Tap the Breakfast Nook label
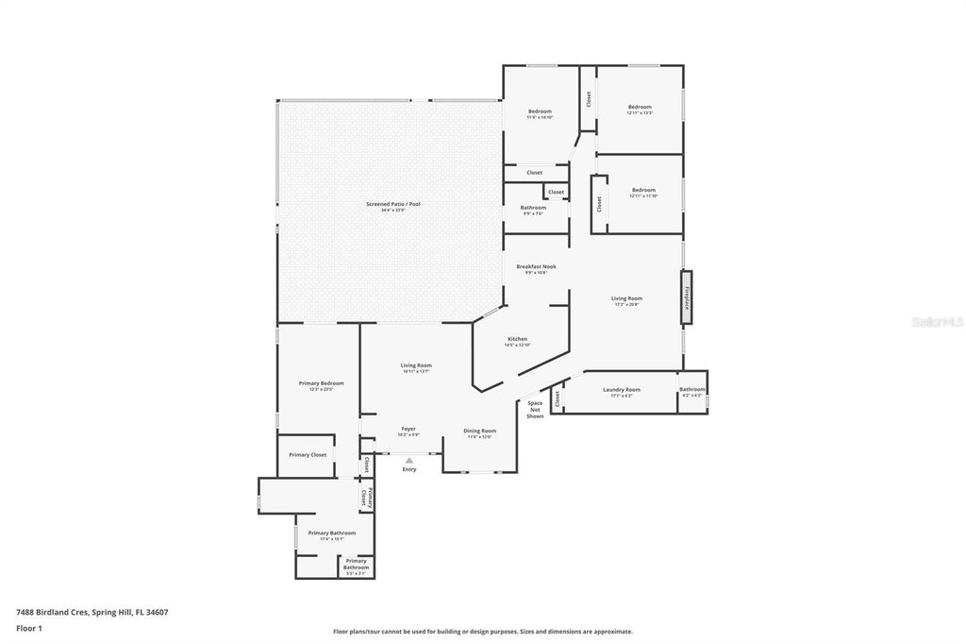click(536, 267)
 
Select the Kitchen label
click(517, 339)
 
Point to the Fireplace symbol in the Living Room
click(687, 298)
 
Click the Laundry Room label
click(621, 390)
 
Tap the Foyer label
click(408, 429)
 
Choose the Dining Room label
click(479, 432)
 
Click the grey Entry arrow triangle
click(408, 460)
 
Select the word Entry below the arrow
click(408, 469)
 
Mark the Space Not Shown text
click(535, 410)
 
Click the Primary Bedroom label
click(321, 383)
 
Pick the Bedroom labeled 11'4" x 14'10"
click(540, 112)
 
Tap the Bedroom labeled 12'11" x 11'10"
click(643, 190)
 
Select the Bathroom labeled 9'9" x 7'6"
click(533, 209)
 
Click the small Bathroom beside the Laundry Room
click(692, 390)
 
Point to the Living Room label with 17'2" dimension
click(626, 299)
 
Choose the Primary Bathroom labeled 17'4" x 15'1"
click(332, 534)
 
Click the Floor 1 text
click(29, 628)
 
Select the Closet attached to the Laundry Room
click(557, 399)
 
